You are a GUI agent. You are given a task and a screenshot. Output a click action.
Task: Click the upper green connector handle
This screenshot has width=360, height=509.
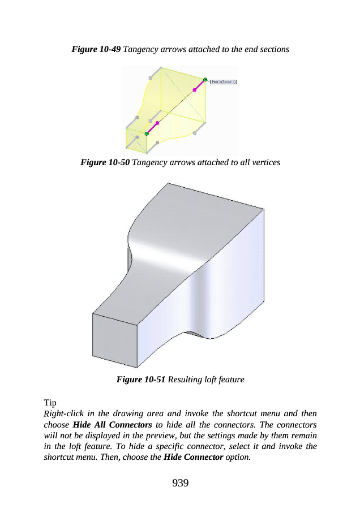(x=205, y=80)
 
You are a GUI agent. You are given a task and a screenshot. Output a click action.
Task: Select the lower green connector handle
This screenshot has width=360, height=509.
(x=147, y=133)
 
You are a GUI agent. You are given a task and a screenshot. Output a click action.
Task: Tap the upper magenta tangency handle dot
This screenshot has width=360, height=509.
(x=194, y=89)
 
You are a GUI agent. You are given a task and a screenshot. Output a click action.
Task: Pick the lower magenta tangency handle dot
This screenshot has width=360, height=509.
(x=157, y=123)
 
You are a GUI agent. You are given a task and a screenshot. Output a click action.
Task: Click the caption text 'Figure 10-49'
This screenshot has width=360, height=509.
(x=96, y=49)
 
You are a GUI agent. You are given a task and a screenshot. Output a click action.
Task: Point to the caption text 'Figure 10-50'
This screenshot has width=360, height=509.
(x=105, y=162)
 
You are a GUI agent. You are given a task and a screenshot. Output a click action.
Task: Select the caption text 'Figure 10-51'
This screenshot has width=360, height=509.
(x=140, y=379)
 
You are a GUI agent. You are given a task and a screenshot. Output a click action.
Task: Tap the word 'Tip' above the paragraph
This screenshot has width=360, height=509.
(x=50, y=403)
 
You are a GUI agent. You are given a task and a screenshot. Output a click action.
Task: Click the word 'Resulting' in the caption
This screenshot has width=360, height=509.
(x=185, y=379)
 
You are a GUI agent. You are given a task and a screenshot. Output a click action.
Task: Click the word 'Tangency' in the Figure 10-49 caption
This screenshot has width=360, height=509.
(x=140, y=49)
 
